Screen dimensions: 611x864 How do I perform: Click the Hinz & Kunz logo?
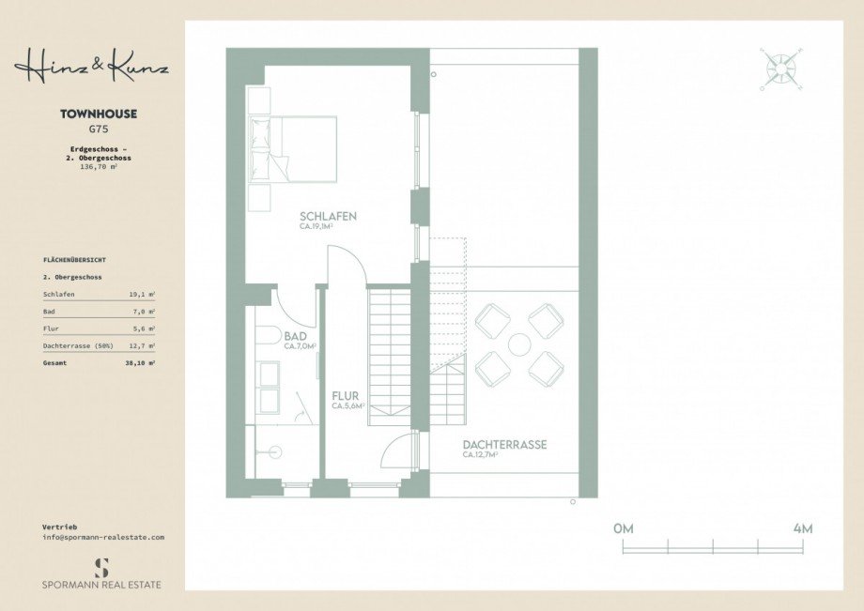pos(91,66)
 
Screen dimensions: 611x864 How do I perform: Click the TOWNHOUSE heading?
pos(99,114)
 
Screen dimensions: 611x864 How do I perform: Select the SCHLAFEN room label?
pos(328,216)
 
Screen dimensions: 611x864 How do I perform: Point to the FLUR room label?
pos(345,396)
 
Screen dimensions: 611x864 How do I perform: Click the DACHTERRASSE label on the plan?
pos(503,445)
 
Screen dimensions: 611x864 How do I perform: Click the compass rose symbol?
pos(779,69)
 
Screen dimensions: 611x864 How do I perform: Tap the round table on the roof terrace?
pos(519,344)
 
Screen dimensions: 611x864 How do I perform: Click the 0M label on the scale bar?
pos(624,528)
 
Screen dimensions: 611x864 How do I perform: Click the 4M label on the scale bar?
pos(802,528)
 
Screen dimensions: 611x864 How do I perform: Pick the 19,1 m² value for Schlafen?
pos(142,294)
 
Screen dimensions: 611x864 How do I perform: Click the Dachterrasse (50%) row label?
pos(79,344)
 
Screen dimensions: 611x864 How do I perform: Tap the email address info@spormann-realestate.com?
pos(103,537)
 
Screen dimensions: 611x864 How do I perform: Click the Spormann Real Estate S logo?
pos(101,566)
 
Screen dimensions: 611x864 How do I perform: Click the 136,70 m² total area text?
pos(99,166)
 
